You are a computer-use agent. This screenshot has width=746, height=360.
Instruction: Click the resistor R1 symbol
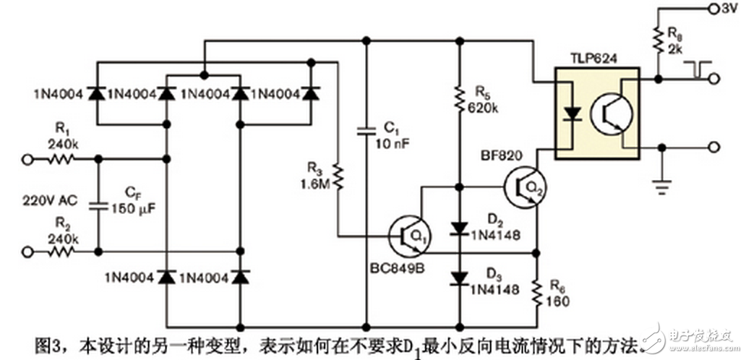(62, 159)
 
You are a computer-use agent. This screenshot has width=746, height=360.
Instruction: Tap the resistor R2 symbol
(62, 252)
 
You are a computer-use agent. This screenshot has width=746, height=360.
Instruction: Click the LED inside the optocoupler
(573, 114)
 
